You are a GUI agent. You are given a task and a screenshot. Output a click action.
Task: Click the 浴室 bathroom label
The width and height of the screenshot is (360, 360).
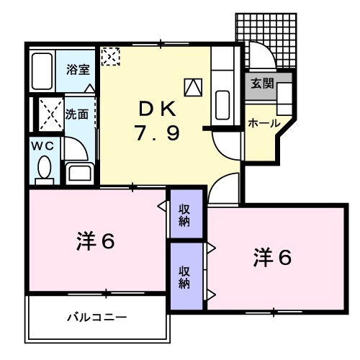point(78,70)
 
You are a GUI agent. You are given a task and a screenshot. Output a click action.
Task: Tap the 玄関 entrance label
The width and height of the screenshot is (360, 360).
point(262,83)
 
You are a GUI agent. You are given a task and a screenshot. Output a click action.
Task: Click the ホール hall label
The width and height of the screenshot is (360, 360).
point(264,124)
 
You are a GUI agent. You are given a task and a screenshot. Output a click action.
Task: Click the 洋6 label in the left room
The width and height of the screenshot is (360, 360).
point(96,242)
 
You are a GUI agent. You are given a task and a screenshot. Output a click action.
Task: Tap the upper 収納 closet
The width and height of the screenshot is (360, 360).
point(185,213)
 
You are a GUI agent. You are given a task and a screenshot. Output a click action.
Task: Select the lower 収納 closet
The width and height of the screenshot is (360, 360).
point(185,276)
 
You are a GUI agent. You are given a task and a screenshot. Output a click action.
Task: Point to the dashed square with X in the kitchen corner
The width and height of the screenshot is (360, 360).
point(111,55)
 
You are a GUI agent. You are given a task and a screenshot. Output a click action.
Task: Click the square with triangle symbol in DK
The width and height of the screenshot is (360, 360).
point(193,87)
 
